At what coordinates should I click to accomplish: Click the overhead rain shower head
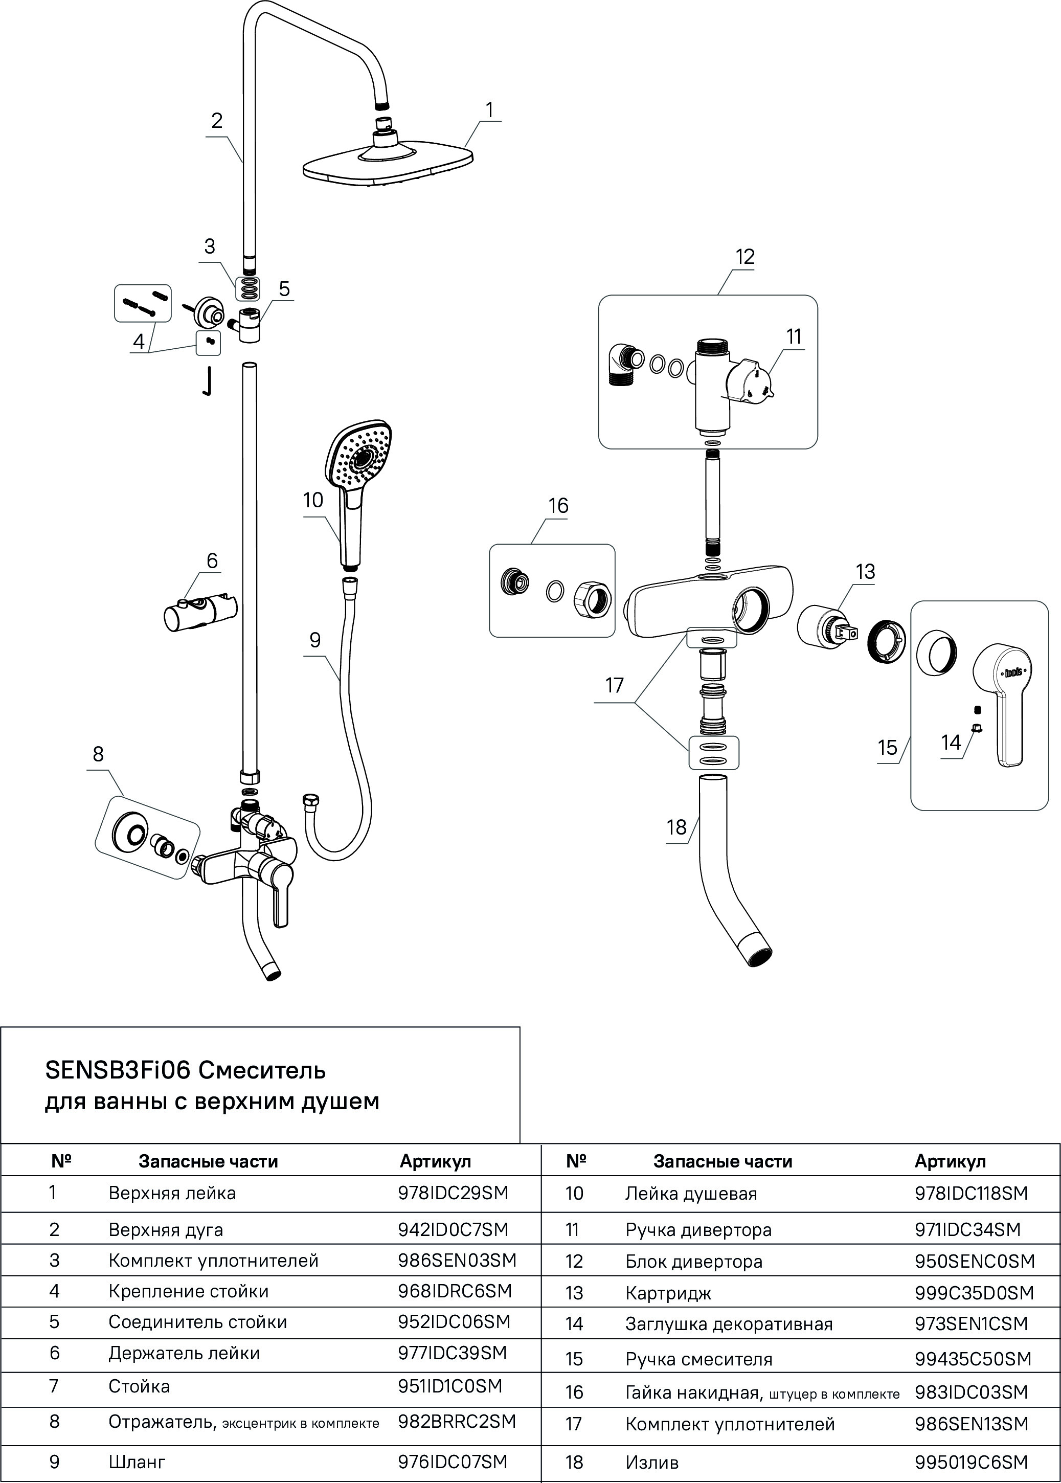coord(389,163)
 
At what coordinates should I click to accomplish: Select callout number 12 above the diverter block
coord(745,257)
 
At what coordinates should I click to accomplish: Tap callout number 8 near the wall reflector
coord(98,754)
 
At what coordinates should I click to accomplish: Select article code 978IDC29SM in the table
coord(453,1193)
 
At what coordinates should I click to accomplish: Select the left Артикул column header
coord(435,1161)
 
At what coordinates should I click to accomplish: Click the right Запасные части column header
coord(723,1161)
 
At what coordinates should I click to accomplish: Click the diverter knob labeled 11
coord(755,379)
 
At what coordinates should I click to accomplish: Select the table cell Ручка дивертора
coord(698,1230)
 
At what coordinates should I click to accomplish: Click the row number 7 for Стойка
coord(54,1386)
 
